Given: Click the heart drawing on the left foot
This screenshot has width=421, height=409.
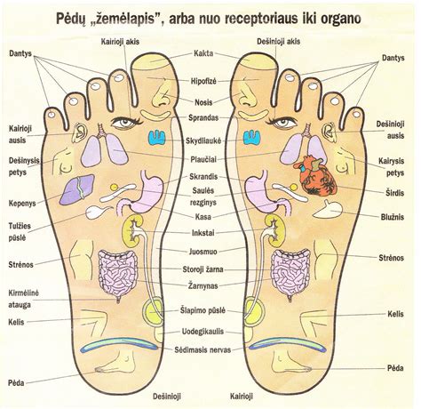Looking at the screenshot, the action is pyautogui.click(x=317, y=176).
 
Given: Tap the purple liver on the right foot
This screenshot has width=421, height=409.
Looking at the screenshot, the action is pyautogui.click(x=76, y=189).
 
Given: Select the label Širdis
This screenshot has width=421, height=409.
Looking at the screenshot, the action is pyautogui.click(x=394, y=193).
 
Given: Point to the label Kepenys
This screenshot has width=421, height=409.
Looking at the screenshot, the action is pyautogui.click(x=22, y=204).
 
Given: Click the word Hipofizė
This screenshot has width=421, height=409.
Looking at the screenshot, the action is pyautogui.click(x=203, y=81).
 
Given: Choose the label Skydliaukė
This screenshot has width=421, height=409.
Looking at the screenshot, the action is pyautogui.click(x=203, y=141).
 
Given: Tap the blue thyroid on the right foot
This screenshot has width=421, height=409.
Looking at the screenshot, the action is pyautogui.click(x=156, y=138).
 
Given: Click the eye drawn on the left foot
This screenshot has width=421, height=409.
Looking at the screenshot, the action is pyautogui.click(x=282, y=123).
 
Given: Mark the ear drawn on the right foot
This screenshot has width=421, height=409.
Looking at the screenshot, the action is pyautogui.click(x=79, y=132).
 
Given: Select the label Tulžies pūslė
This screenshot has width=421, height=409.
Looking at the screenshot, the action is pyautogui.click(x=20, y=232).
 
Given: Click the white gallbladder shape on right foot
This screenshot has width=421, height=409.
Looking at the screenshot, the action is pyautogui.click(x=98, y=212).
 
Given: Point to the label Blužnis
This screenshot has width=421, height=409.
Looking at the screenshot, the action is pyautogui.click(x=393, y=217).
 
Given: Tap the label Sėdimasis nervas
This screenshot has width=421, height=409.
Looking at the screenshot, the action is pyautogui.click(x=203, y=349).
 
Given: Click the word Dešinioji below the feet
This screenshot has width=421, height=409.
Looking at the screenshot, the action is pyautogui.click(x=167, y=397).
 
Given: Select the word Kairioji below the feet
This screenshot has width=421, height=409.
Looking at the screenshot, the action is pyautogui.click(x=242, y=397).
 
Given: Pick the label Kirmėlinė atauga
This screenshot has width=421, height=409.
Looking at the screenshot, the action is pyautogui.click(x=23, y=299).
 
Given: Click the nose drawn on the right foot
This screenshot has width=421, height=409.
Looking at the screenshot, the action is pyautogui.click(x=162, y=94).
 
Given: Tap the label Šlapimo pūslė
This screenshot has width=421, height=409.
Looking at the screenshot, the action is pyautogui.click(x=203, y=311).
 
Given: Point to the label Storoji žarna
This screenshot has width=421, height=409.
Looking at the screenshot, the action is pyautogui.click(x=203, y=269).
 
